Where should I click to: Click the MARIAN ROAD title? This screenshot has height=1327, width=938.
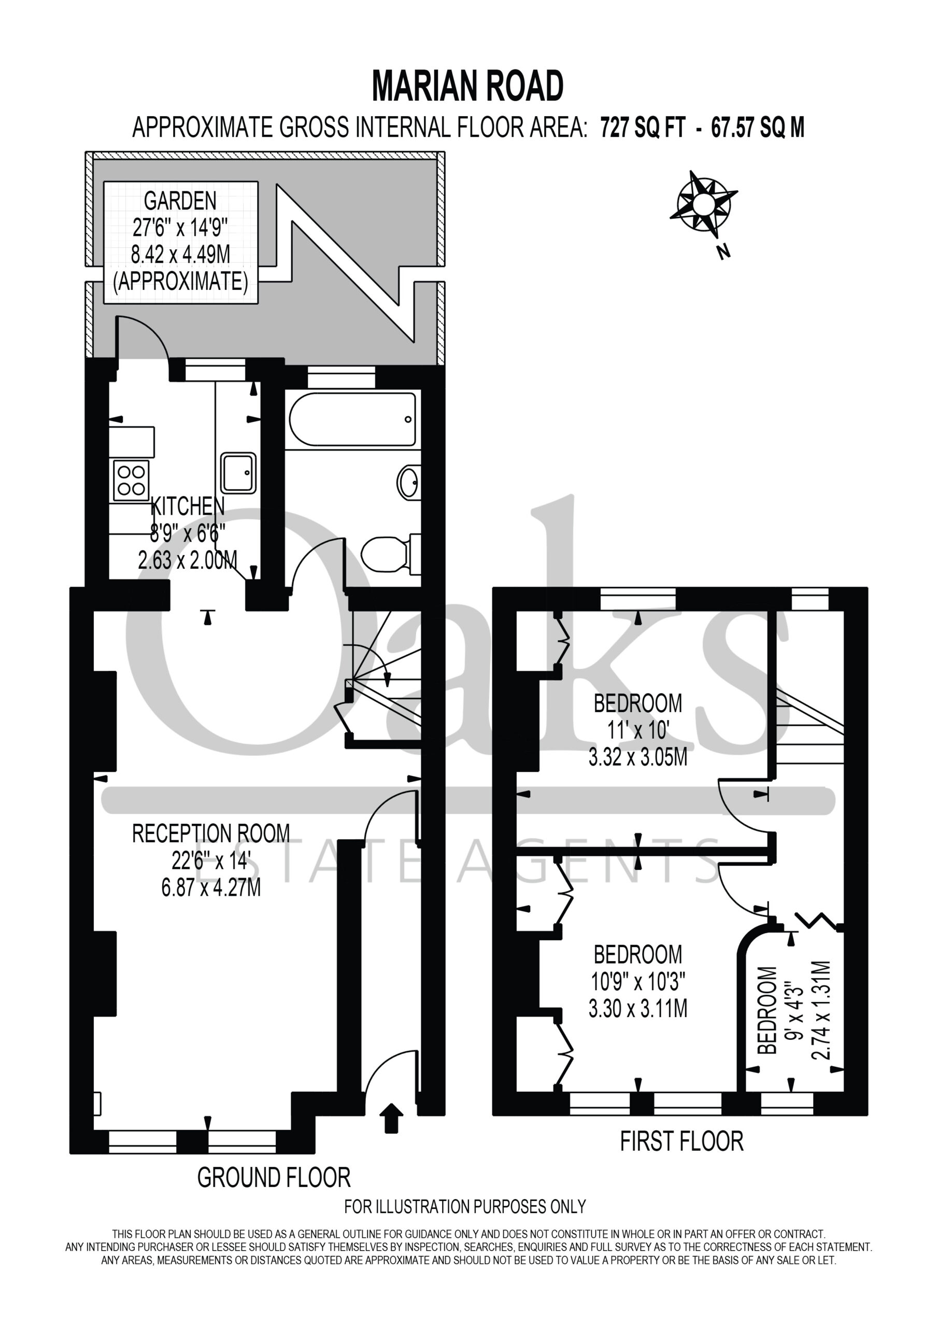[467, 86]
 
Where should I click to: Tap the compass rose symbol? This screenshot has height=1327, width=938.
[703, 203]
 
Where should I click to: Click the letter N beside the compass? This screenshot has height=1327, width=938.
[723, 251]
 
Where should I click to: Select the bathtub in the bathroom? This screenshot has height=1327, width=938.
[352, 419]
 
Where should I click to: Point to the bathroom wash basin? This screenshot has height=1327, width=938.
[408, 482]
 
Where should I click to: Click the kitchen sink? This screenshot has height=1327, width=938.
[237, 473]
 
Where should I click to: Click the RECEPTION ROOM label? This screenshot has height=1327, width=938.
[211, 834]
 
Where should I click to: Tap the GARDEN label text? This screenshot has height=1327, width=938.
[180, 201]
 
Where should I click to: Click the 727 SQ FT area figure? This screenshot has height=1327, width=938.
[643, 127]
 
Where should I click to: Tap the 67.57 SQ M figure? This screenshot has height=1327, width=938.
[758, 127]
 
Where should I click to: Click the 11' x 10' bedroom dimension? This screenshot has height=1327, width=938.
[638, 730]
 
